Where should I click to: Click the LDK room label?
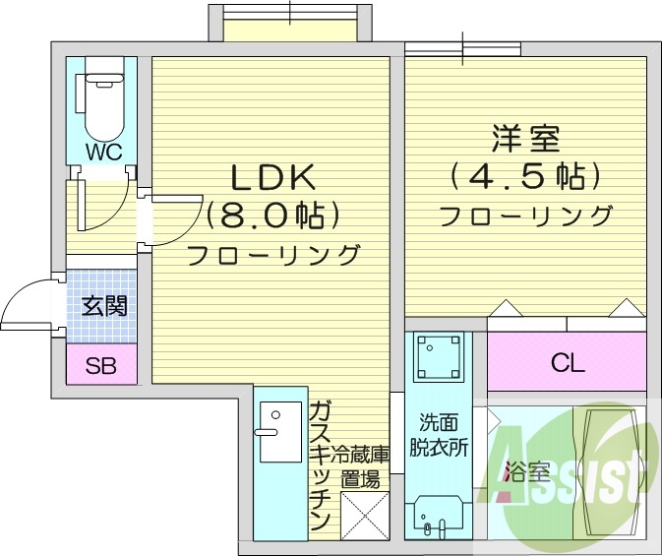click(271, 177)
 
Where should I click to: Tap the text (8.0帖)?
click(272, 215)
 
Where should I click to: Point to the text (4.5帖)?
click(525, 177)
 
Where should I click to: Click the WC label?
click(102, 152)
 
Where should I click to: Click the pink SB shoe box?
click(100, 367)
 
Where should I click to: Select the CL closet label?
click(568, 362)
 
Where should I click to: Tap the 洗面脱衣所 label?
click(439, 434)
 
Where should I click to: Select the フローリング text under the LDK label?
click(272, 256)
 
